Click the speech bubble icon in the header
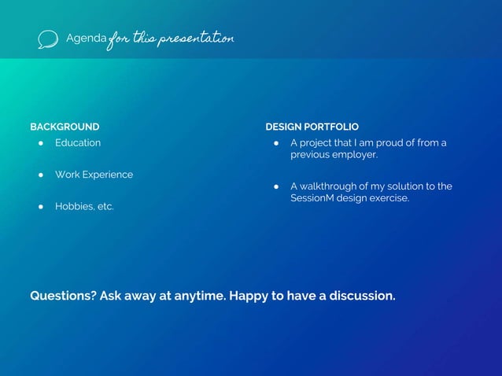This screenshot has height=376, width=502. tap(48, 39)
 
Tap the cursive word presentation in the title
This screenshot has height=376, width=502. tap(196, 39)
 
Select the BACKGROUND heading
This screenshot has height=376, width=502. tap(65, 127)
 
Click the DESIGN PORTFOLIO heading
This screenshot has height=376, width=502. tap(312, 127)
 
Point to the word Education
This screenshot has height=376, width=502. tap(78, 143)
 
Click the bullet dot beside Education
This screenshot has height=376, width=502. tap(39, 143)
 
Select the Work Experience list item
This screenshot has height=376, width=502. tap(94, 175)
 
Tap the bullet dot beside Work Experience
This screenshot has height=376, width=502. tap(39, 175)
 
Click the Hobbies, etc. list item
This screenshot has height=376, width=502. tap(84, 206)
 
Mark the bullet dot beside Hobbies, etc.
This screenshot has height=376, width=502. tap(39, 206)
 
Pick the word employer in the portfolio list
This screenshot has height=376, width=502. tap(356, 155)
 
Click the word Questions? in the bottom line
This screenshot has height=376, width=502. tap(62, 297)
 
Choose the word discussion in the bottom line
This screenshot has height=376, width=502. tap(363, 297)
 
